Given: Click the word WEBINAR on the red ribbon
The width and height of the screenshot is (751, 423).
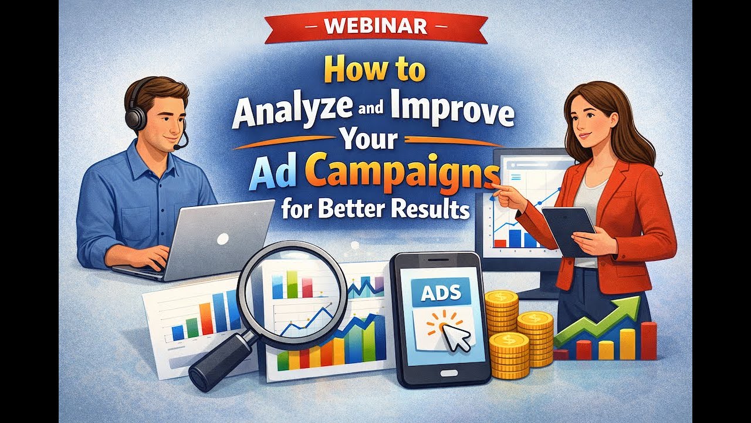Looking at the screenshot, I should pyautogui.click(x=375, y=28).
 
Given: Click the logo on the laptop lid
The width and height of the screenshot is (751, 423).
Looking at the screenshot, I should pyautogui.click(x=222, y=239).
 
